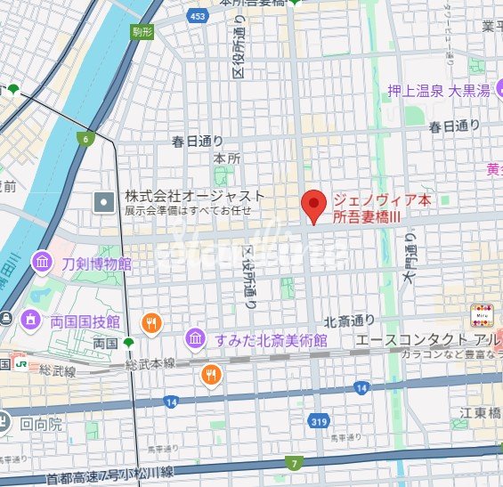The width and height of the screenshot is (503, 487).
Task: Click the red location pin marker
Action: pos(312,207)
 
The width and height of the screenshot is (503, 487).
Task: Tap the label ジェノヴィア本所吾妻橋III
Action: pos(381,208)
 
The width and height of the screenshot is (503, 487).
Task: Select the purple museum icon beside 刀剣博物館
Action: pos(42,263)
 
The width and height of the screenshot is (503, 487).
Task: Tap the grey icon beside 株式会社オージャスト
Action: pos(104,203)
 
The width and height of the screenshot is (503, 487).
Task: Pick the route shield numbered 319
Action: pos(319,420)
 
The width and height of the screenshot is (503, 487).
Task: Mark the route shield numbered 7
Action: pos(295,462)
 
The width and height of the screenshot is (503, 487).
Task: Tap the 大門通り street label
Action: pos(410,258)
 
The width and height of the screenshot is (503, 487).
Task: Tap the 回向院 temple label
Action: pos(42,424)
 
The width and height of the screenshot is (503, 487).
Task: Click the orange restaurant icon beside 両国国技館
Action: pos(152,322)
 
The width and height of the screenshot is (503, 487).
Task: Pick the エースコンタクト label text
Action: pos(410,340)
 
